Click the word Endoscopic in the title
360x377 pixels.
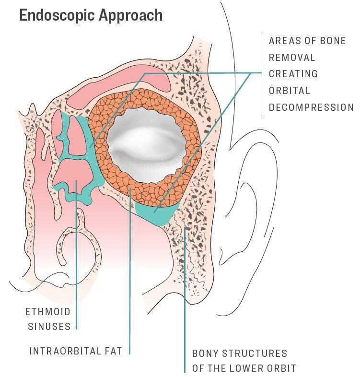57,16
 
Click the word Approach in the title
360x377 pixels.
131,16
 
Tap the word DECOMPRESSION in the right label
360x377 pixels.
311,107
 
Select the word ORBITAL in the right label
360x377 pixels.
290,91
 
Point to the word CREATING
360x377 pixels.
293,74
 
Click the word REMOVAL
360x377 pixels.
292,58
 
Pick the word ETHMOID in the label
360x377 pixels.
48,312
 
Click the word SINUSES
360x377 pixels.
49,327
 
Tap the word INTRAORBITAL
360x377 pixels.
65,351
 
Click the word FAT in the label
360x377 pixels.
113,351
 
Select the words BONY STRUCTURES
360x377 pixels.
240,353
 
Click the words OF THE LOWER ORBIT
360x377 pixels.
244,368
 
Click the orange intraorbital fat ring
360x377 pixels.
144,195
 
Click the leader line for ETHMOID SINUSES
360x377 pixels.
76,255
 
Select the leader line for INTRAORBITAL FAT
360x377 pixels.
130,271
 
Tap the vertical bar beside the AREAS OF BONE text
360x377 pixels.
262,74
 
